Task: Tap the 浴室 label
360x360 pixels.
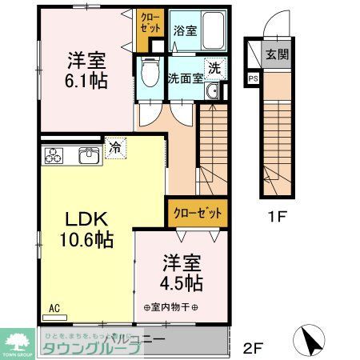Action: click(x=185, y=30)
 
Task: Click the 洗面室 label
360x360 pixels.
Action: click(x=183, y=78)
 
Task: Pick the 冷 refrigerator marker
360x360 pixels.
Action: click(x=115, y=148)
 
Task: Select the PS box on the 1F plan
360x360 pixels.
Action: click(x=253, y=78)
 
